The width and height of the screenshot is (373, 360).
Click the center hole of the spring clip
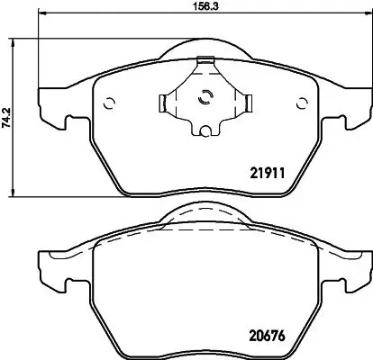coord(205,100)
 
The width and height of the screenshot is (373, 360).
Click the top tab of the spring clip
coord(205,62)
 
